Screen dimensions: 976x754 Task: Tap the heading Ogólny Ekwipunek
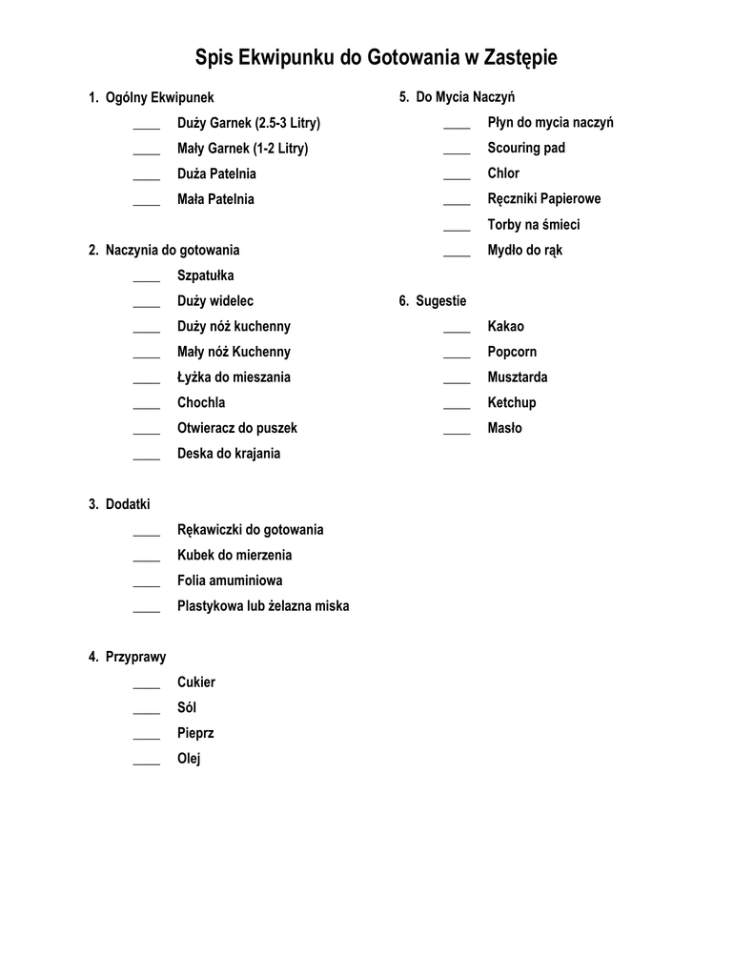(159, 97)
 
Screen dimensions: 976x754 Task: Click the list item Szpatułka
(205, 275)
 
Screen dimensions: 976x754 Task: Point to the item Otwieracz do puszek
(237, 428)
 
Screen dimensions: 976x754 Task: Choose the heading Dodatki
(128, 504)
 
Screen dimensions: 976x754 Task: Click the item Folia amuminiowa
(230, 580)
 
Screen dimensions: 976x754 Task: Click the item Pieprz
(195, 733)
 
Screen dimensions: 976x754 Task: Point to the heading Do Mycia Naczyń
(465, 97)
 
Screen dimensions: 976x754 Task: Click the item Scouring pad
(526, 148)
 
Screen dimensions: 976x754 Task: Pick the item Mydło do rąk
(525, 251)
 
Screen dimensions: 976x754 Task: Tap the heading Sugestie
(440, 301)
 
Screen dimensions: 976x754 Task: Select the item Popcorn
(512, 352)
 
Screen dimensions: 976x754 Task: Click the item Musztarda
(518, 377)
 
